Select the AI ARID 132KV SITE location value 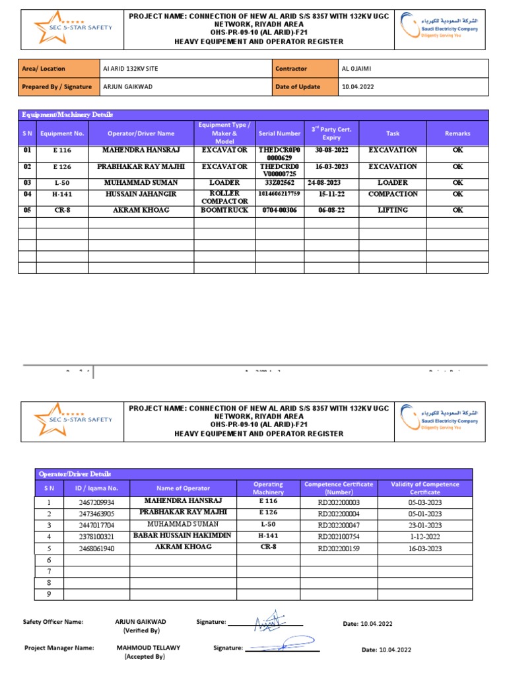[x=131, y=69]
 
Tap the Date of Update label [x=298, y=86]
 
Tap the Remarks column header [x=457, y=133]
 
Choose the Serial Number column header [x=279, y=133]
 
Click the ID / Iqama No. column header [x=96, y=488]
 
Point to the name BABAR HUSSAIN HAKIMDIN [x=183, y=535]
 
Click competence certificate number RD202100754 [x=339, y=537]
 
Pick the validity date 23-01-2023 [x=430, y=525]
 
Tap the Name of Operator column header [x=183, y=488]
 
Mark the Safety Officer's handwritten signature [x=271, y=622]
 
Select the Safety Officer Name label [x=53, y=622]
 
